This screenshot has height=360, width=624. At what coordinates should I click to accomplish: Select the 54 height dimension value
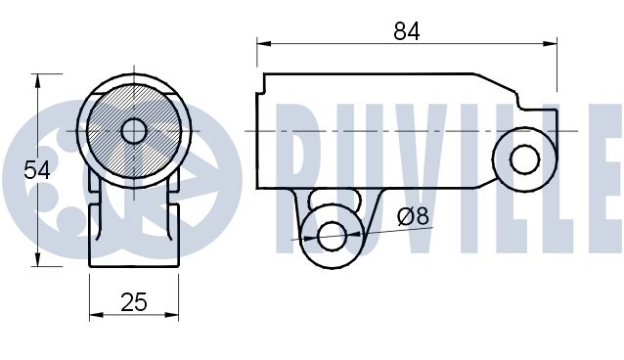(37, 169)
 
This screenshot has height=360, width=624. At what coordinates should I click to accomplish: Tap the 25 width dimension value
(134, 302)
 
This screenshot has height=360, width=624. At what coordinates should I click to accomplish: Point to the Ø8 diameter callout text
(413, 216)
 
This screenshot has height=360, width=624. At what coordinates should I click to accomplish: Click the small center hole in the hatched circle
(134, 130)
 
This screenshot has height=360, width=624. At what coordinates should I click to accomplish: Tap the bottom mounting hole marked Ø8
(332, 235)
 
